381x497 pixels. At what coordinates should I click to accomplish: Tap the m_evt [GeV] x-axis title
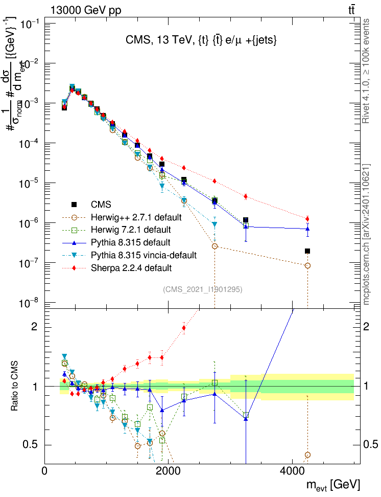coord(334,484)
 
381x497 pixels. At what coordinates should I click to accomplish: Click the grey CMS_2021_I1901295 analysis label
coord(202,289)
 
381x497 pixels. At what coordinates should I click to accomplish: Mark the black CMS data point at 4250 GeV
coord(307,251)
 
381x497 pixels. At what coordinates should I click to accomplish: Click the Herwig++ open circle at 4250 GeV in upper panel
coord(307,266)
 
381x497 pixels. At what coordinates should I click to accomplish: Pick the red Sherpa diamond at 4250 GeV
coord(307,219)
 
